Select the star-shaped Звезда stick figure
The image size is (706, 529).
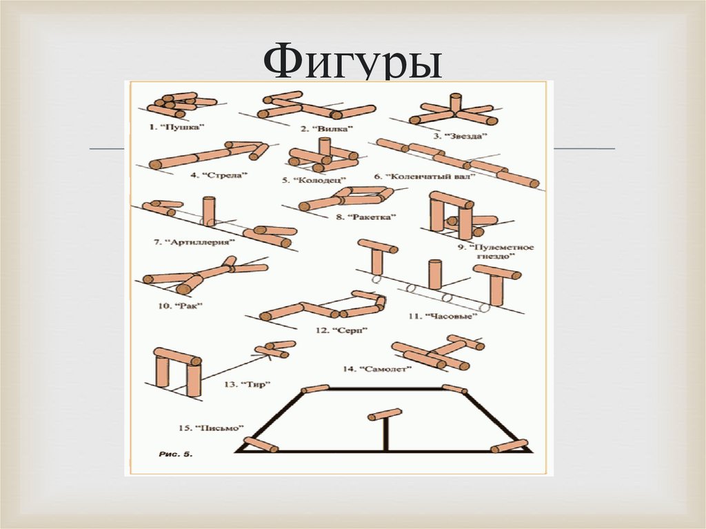[454, 110]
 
